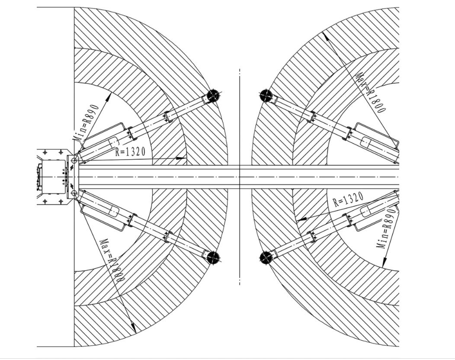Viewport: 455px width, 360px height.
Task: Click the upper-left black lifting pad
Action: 213,96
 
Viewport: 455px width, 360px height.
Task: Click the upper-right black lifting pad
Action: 266,96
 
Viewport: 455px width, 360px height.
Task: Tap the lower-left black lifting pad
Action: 213,257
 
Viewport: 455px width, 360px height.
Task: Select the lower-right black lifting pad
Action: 266,257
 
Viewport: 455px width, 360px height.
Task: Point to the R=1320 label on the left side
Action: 130,151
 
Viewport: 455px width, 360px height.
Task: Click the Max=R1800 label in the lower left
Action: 112,261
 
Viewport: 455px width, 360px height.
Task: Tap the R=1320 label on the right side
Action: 348,199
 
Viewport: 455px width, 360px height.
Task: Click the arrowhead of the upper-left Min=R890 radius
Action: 109,97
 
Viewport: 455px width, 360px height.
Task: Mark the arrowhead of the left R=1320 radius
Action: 181,158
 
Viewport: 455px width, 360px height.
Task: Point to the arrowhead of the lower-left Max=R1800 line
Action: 133,328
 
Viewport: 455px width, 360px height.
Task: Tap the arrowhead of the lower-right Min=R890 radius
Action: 384,262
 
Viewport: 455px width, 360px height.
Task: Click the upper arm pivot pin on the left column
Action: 74,161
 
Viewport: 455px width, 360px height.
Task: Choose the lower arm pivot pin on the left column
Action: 74,193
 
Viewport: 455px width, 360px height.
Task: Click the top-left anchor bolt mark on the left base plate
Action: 45,152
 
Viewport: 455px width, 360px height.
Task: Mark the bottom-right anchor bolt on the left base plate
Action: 61,201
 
